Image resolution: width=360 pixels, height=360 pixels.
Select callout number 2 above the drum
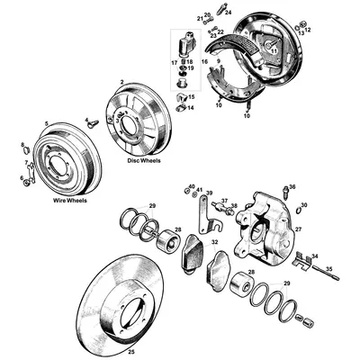121,83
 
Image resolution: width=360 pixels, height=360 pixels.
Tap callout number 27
298,229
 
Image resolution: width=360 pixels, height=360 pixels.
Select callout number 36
292,187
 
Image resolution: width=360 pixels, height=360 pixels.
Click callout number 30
304,205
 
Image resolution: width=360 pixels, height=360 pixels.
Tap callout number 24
229,12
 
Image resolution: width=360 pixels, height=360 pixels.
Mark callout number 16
205,63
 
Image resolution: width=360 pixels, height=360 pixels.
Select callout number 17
174,62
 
